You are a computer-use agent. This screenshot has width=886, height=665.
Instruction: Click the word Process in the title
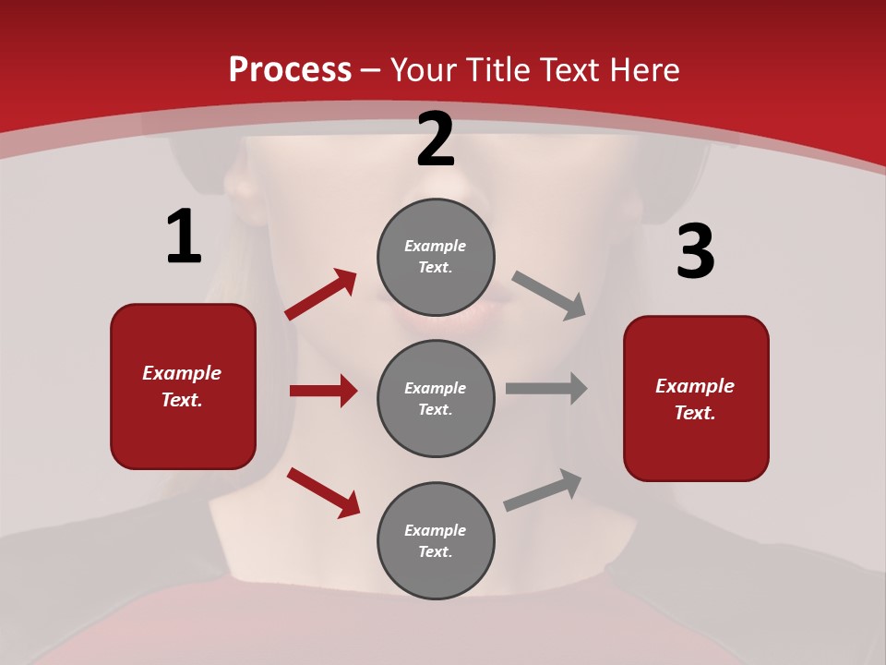pos(290,70)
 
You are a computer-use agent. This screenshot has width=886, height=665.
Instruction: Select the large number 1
pos(184,237)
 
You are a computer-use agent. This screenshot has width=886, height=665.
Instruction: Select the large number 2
pos(436,139)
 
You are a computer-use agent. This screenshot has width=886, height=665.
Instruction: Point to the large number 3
pos(695,252)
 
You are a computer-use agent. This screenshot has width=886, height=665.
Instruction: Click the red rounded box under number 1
pos(183,386)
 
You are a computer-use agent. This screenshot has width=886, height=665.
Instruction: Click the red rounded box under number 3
pos(696,399)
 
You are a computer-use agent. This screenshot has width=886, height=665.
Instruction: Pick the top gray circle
pos(436,257)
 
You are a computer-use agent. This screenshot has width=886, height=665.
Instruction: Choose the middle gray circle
pos(436,398)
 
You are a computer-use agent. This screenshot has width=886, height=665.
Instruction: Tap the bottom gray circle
pos(436,540)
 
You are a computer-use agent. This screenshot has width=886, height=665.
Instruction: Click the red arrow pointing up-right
pos(320,295)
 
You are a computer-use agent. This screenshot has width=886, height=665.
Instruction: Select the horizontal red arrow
pos(323,391)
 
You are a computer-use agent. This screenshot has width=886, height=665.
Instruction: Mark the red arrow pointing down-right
pos(323,492)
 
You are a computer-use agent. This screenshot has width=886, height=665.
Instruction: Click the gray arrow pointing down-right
pos(549,296)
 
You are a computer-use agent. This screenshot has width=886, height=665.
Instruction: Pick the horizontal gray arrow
pos(546,389)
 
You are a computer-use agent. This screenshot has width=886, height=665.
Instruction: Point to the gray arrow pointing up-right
pos(544,490)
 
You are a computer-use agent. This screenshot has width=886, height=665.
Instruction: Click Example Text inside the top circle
pos(436,257)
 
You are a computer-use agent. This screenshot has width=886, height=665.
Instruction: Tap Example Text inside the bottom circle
pos(436,541)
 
